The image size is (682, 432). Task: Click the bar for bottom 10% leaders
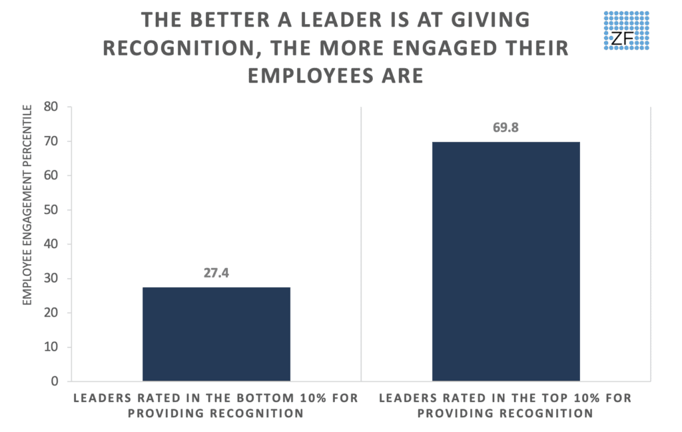click(216, 334)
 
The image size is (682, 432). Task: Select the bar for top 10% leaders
click(506, 261)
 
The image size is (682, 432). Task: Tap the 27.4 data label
click(216, 274)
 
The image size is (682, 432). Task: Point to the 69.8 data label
click(506, 128)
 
